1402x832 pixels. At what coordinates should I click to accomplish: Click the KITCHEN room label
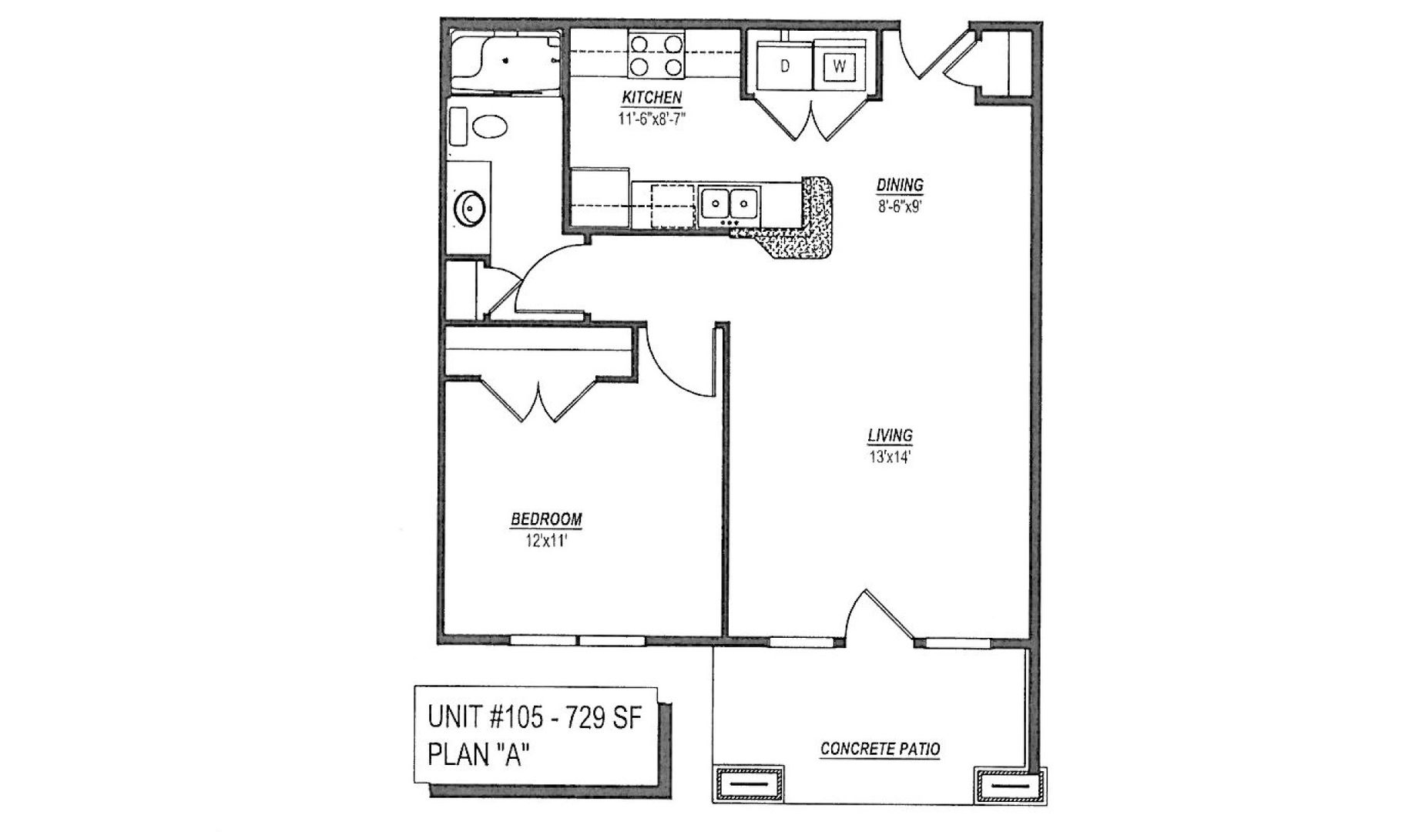(x=652, y=98)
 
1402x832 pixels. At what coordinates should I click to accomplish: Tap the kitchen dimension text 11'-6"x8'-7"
(x=652, y=119)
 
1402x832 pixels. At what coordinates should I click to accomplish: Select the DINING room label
(x=900, y=185)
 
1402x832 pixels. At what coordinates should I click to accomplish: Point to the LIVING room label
(x=890, y=436)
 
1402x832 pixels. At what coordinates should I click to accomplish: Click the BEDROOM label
(x=546, y=519)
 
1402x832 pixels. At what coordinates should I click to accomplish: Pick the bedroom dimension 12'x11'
(x=547, y=541)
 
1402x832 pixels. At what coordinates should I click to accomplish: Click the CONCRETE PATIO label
(x=880, y=749)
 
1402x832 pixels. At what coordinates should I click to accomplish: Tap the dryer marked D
(x=784, y=66)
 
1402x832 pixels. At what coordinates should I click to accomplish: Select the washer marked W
(x=840, y=66)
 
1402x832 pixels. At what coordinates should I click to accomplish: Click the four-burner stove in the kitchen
(x=657, y=53)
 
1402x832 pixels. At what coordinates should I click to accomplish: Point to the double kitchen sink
(x=729, y=205)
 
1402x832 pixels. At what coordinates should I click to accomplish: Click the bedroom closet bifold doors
(x=539, y=398)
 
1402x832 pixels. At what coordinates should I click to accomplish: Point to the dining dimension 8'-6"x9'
(x=900, y=206)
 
